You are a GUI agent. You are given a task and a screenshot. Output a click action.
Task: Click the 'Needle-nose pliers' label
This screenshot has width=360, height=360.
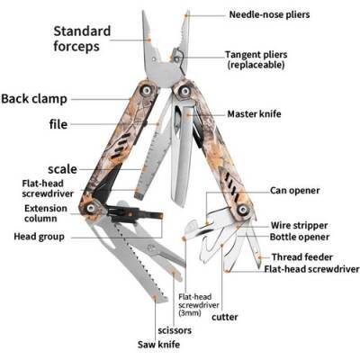tap(271, 14)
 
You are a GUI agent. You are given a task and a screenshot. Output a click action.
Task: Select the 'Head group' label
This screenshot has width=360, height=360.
tap(37, 237)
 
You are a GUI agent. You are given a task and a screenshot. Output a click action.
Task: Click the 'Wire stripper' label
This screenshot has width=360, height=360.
tap(300, 224)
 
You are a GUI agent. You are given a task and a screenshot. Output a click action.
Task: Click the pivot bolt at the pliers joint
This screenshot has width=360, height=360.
tap(177, 57)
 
